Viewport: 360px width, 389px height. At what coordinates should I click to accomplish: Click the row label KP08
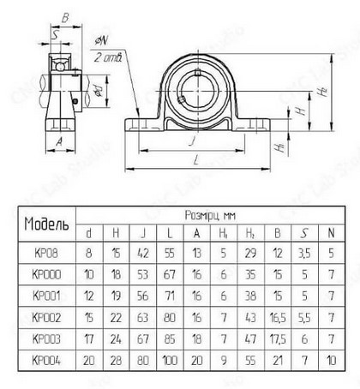pos(46,253)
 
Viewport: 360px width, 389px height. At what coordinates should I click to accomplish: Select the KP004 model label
pos(46,361)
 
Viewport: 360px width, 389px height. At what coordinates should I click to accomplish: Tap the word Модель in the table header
pos(46,224)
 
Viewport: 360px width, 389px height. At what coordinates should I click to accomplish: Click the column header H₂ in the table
pos(250,233)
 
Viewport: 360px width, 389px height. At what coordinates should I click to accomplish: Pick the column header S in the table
pos(304,233)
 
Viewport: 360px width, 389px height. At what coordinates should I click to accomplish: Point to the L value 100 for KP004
pos(170,361)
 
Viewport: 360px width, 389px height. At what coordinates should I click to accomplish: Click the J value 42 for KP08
pos(142,253)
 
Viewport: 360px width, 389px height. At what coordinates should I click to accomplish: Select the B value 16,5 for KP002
pos(278,318)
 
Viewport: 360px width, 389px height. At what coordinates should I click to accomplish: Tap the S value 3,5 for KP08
pos(304,253)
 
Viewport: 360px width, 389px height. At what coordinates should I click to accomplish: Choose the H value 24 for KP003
pos(116,339)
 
